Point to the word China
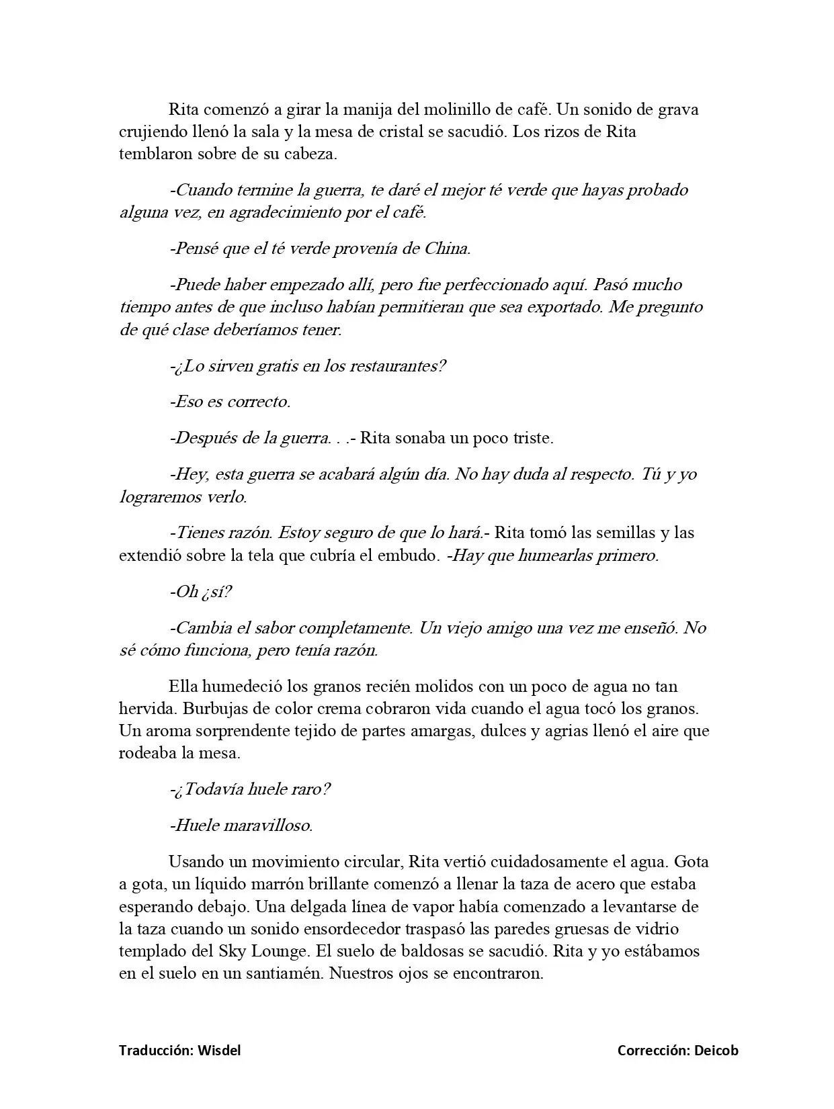tap(447, 249)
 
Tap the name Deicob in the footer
tap(716, 1051)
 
